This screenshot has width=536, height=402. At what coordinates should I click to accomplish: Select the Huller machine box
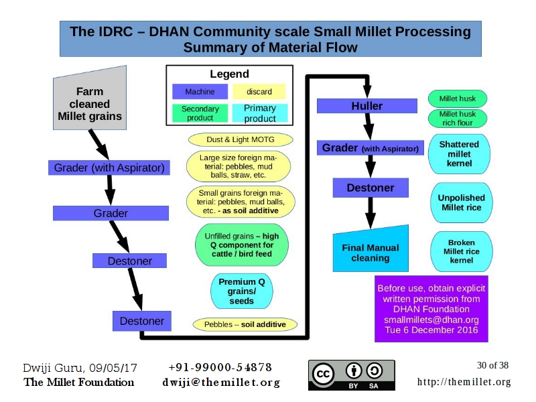tap(366, 106)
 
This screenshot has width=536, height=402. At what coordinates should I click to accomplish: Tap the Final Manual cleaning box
tap(370, 253)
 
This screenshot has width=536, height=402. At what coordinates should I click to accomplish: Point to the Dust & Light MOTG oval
tap(241, 139)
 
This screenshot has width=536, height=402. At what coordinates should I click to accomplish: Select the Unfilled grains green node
tap(241, 245)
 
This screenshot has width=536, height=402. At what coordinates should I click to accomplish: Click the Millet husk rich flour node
tap(458, 119)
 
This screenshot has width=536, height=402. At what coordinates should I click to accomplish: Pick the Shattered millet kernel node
tap(459, 153)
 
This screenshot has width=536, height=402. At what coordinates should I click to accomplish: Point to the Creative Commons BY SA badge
tap(352, 375)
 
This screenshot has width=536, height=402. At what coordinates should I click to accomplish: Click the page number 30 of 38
tap(492, 366)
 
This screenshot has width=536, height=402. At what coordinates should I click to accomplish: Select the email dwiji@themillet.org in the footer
tap(220, 383)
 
